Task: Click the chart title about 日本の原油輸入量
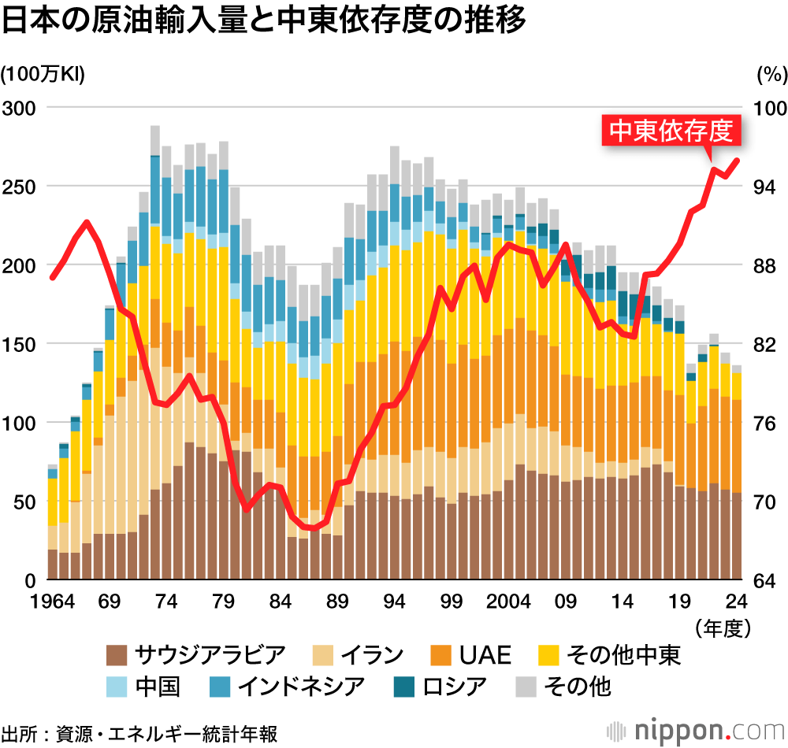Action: pos(264,21)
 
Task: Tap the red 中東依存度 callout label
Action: pos(672,131)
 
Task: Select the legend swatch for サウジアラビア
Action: pos(117,654)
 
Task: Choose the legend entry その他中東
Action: pos(608,654)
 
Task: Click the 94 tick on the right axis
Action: pos(766,187)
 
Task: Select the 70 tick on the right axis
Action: pos(766,502)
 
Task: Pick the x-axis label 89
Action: pos(338,602)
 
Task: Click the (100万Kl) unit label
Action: pos(43,74)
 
